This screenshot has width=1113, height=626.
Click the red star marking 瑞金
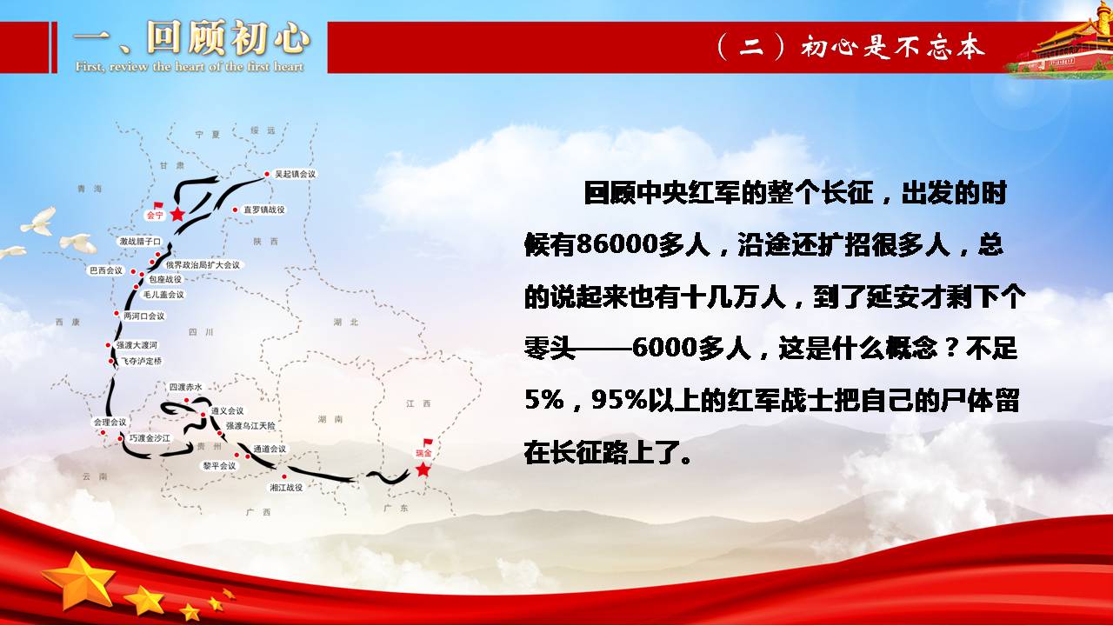click(423, 469)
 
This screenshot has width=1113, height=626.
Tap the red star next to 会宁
click(177, 214)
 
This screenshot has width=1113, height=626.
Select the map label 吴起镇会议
click(295, 174)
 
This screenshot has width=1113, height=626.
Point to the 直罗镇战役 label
click(263, 210)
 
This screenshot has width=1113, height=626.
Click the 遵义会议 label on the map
click(227, 411)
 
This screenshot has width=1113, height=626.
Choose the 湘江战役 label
click(286, 488)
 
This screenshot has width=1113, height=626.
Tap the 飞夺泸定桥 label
click(141, 361)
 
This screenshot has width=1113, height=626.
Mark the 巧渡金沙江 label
click(150, 438)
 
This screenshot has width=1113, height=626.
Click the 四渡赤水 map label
click(186, 387)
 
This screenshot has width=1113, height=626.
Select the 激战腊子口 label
click(140, 242)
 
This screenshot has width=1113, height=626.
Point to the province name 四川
click(201, 332)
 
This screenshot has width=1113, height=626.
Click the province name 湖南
click(330, 419)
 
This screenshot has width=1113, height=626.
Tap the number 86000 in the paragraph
click(617, 244)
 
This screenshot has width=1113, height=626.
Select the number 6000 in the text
click(665, 347)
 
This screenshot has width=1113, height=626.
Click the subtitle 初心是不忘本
click(892, 48)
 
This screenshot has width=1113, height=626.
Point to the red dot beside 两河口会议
click(117, 314)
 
